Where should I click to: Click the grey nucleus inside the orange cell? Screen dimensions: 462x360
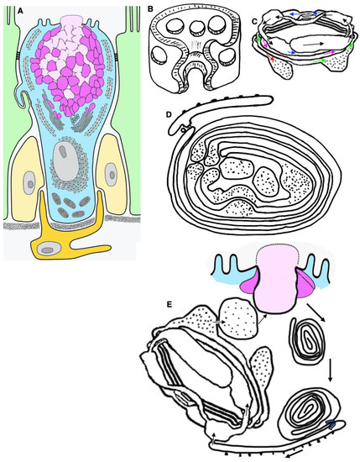57,247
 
